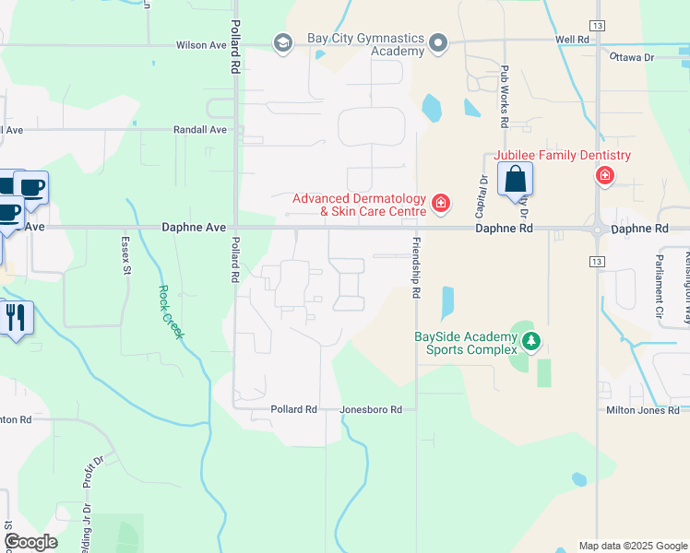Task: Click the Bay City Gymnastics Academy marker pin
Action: (438, 42)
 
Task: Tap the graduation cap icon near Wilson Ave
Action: (282, 42)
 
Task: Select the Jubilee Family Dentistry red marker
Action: (605, 175)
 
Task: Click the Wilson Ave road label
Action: (202, 45)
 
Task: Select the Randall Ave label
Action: (199, 130)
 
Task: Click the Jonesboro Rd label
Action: (371, 409)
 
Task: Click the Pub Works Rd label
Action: (505, 97)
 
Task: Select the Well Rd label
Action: (572, 40)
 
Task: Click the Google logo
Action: (30, 542)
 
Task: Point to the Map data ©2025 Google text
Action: (632, 546)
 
